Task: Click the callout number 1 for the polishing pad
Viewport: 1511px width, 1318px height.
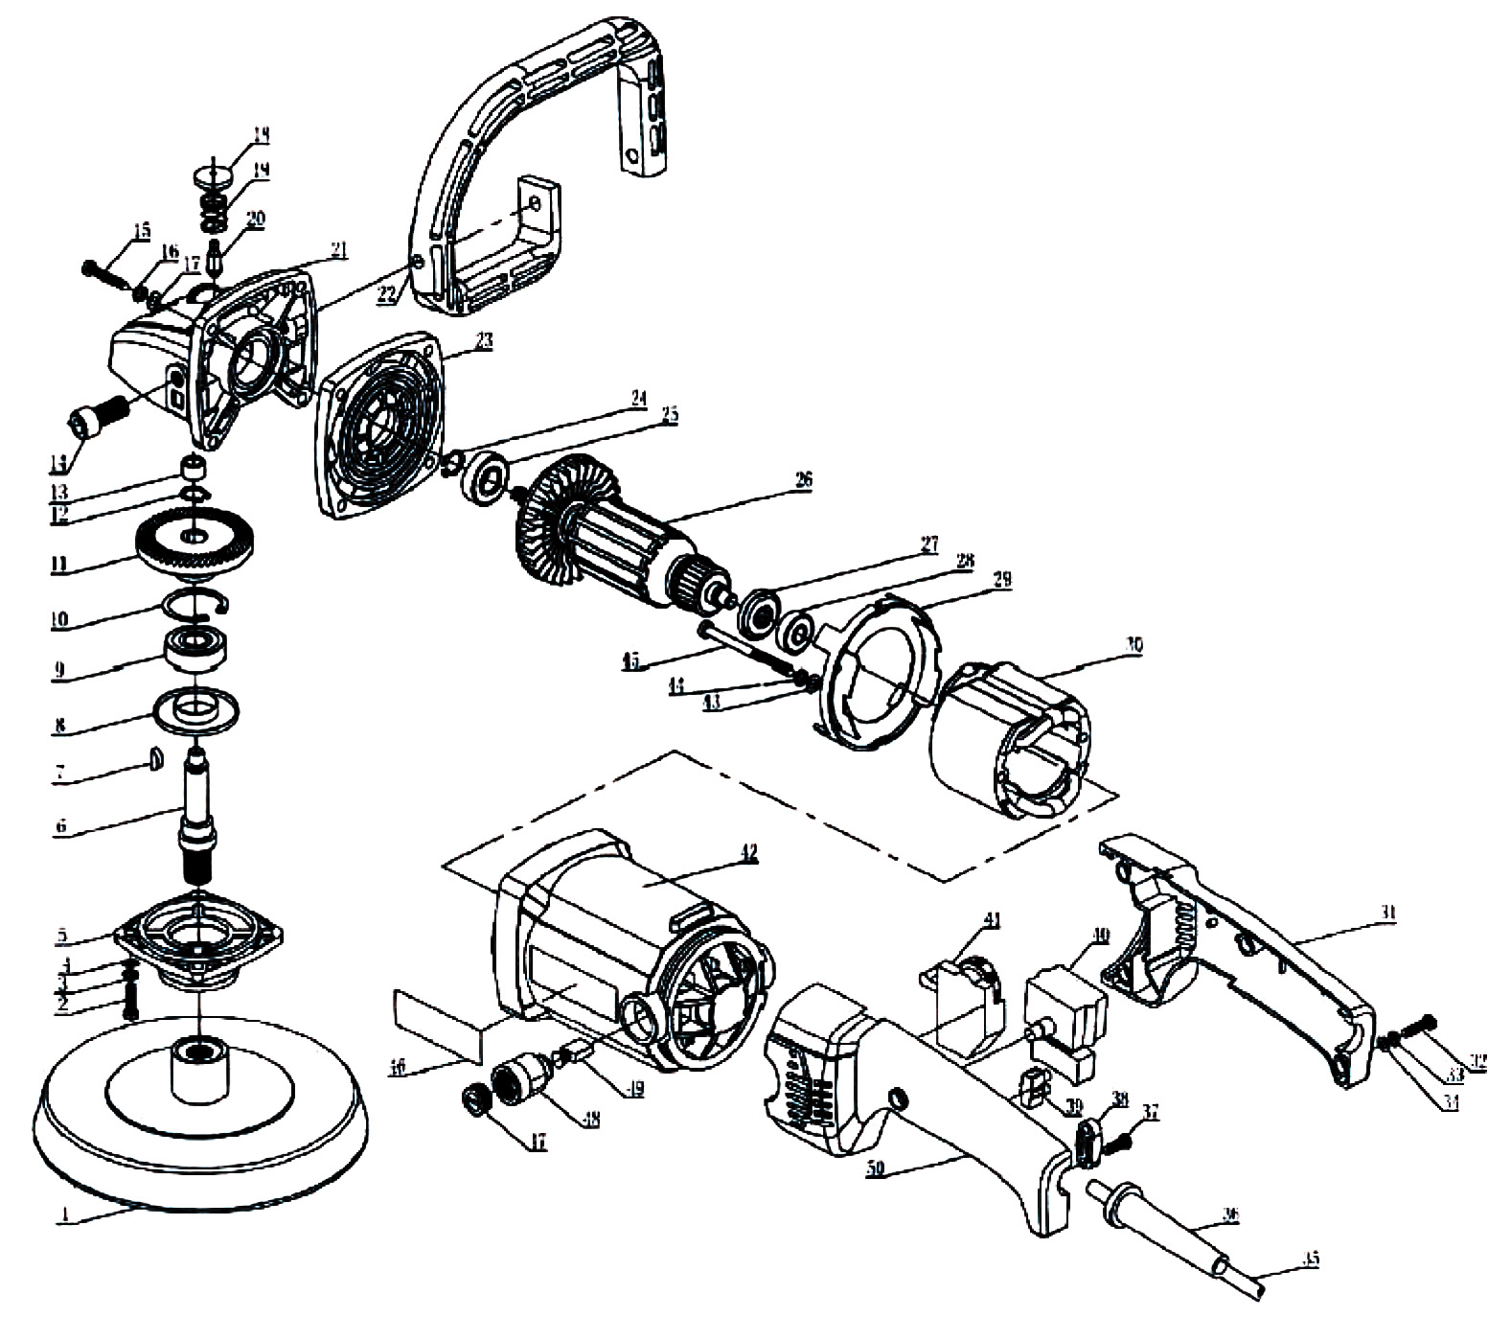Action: point(65,1214)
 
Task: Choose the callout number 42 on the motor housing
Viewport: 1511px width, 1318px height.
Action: point(748,852)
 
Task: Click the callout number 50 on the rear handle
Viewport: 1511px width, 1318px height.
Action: point(874,1170)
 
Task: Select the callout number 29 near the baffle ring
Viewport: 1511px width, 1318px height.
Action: point(1002,579)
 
